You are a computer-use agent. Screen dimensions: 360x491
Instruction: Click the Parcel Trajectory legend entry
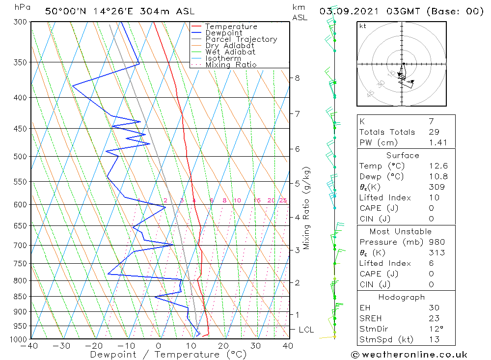pyautogui.click(x=241, y=39)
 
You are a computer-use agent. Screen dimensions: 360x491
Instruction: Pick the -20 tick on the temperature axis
pyautogui.click(x=94, y=346)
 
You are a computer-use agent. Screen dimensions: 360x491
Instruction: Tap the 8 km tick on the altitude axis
pyautogui.click(x=298, y=78)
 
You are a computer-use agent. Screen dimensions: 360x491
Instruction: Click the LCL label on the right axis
pyautogui.click(x=306, y=330)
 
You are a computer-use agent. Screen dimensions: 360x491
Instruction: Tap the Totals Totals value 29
pyautogui.click(x=434, y=132)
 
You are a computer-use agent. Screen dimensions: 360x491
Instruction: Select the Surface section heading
pyautogui.click(x=403, y=155)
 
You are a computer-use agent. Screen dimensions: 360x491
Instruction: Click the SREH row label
pyautogui.click(x=370, y=318)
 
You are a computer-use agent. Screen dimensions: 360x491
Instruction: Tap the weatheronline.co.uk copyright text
pyautogui.click(x=409, y=355)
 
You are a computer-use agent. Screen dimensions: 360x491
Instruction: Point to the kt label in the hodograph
pyautogui.click(x=362, y=26)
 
